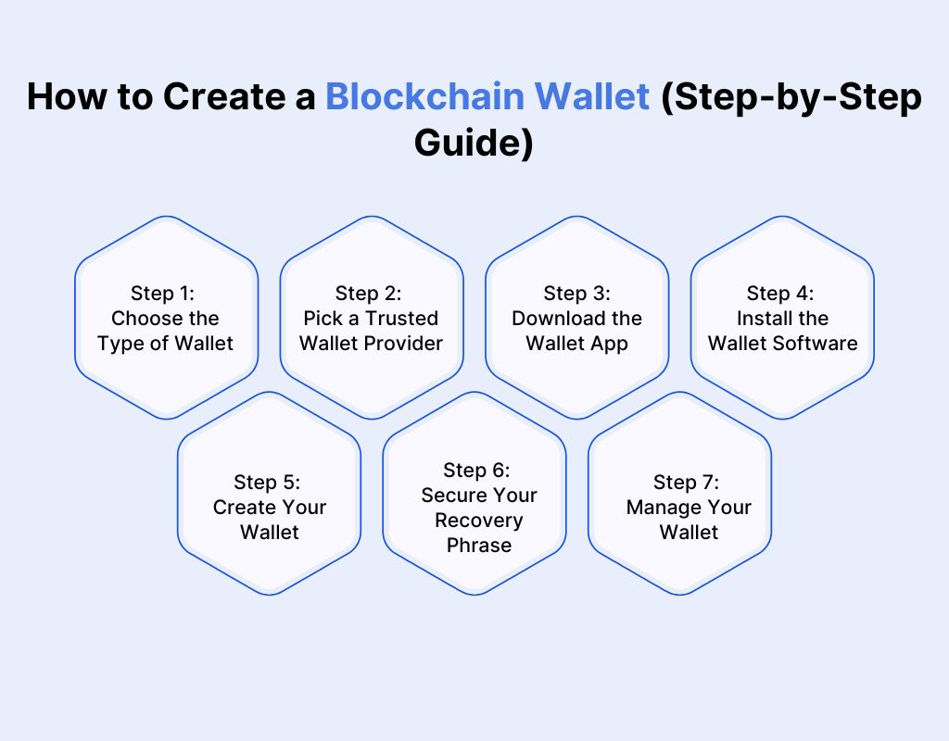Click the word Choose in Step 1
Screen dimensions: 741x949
click(x=144, y=318)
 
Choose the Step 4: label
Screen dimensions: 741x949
click(x=781, y=293)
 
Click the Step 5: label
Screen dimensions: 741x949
click(x=269, y=482)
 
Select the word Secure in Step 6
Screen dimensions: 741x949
click(x=451, y=495)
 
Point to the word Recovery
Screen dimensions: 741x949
click(x=478, y=520)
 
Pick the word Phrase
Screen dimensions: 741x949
click(x=478, y=545)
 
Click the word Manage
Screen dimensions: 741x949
click(x=662, y=507)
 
